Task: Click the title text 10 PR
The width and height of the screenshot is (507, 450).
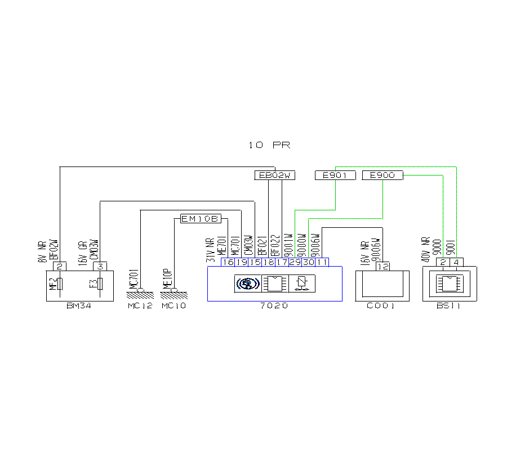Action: [x=269, y=145]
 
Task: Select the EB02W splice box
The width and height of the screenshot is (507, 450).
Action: [x=274, y=175]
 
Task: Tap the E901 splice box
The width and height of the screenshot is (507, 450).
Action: [x=335, y=175]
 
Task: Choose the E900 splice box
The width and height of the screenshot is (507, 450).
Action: [x=383, y=175]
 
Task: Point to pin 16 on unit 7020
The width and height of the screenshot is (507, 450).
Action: [x=228, y=262]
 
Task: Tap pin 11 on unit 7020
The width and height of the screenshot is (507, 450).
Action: [x=322, y=262]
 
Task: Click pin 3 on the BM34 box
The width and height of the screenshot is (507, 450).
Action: [x=100, y=266]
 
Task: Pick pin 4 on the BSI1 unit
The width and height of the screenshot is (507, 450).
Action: [x=456, y=262]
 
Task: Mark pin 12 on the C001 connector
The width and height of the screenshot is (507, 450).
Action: [x=383, y=267]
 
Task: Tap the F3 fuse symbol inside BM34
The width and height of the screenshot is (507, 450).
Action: [x=100, y=283]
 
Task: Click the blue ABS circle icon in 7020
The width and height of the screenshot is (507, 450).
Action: [x=247, y=283]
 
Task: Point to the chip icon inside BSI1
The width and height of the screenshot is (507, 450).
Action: [x=449, y=283]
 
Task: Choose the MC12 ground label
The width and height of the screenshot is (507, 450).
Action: [x=139, y=306]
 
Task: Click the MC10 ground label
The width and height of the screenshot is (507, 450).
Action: [x=174, y=306]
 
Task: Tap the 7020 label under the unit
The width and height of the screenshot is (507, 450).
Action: [x=274, y=306]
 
